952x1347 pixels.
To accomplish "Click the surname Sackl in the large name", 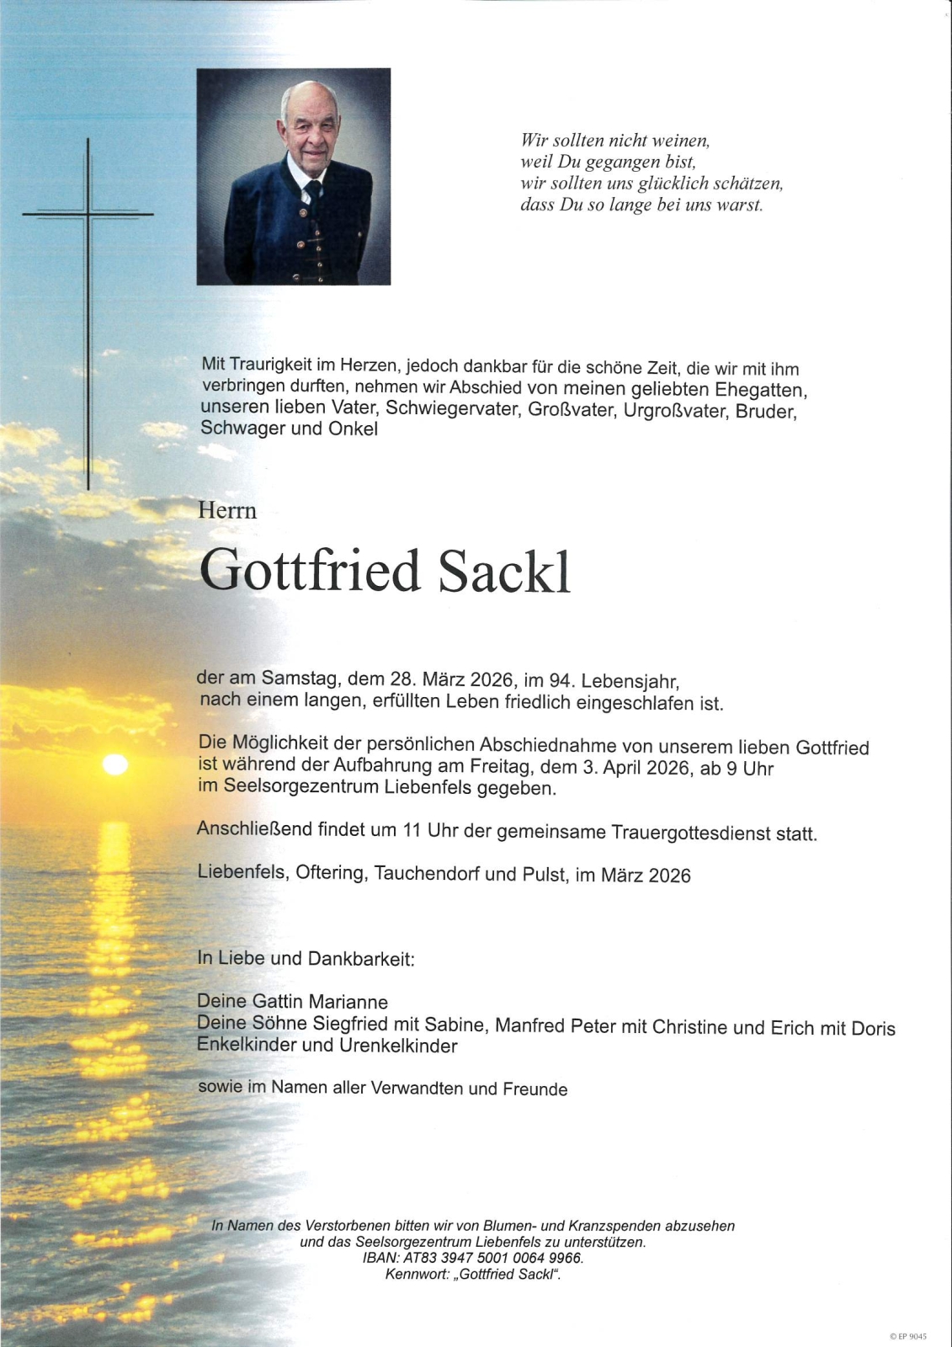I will pyautogui.click(x=504, y=572).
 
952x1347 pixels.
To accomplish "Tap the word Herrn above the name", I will pyautogui.click(x=226, y=510).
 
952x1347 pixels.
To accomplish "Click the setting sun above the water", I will pyautogui.click(x=114, y=764).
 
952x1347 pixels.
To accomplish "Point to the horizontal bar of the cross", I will pyautogui.click(x=88, y=214).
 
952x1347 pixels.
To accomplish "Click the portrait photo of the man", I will pyautogui.click(x=293, y=176).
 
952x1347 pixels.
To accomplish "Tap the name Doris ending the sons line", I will pyautogui.click(x=873, y=1028).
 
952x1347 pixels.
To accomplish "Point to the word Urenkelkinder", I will pyautogui.click(x=398, y=1046).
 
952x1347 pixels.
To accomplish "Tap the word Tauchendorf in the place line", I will pyautogui.click(x=427, y=873).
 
